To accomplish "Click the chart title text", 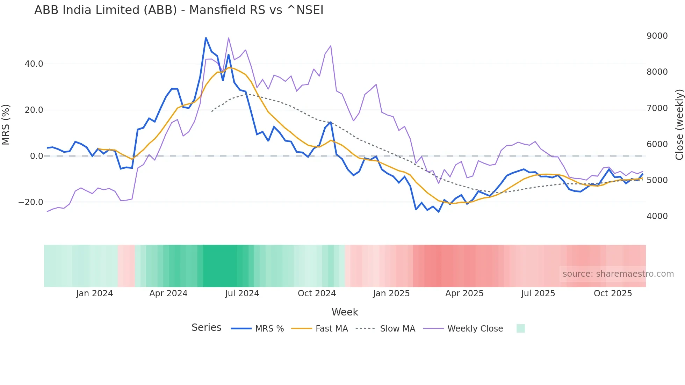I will tap(179, 10).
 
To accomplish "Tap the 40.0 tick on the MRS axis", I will tap(34, 64).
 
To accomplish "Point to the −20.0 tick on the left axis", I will tap(31, 202).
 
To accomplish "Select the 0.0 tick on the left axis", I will tap(36, 156).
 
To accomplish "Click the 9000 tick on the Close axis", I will tap(657, 36).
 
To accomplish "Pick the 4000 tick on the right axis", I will tap(657, 216).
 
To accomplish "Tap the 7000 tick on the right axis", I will tap(657, 108).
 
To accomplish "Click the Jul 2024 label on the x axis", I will tap(242, 293).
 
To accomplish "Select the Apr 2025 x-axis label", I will tap(464, 293).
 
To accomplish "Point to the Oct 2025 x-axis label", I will tap(613, 293).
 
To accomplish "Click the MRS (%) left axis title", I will tap(6, 124).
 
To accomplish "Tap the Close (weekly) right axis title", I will tap(679, 124).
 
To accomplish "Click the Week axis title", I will tap(345, 312).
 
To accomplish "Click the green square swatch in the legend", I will tap(520, 328).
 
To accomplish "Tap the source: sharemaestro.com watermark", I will tap(618, 274).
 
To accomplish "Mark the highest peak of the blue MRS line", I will tap(206, 38).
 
